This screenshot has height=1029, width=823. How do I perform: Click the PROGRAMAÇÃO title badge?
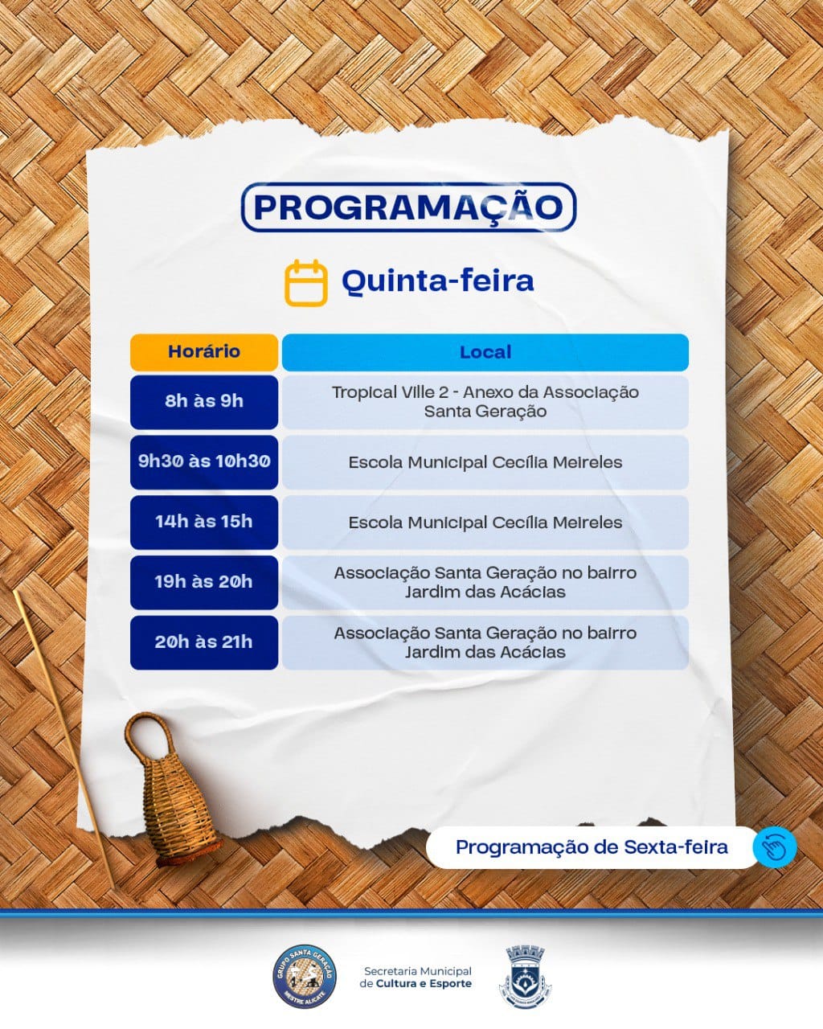click(x=408, y=207)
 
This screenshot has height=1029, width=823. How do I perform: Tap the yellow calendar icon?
click(x=306, y=283)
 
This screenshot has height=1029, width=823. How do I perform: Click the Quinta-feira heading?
click(x=437, y=281)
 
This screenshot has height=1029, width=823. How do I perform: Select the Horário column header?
click(x=204, y=352)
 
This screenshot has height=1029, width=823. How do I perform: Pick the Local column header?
click(x=485, y=352)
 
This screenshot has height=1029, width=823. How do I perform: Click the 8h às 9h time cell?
click(x=204, y=402)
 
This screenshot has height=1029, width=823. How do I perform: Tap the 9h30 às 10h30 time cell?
click(x=204, y=462)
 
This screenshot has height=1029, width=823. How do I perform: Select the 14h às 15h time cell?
click(x=204, y=523)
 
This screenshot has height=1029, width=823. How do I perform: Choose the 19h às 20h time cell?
click(x=204, y=582)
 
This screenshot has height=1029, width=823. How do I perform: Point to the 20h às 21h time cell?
click(x=204, y=642)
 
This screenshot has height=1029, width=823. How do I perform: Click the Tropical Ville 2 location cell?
click(x=485, y=402)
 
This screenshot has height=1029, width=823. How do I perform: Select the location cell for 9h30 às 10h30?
click(x=485, y=462)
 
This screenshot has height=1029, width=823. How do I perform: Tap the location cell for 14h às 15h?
click(x=485, y=523)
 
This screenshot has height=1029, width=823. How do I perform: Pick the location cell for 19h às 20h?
click(x=485, y=582)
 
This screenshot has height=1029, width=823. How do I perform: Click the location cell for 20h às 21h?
click(x=485, y=642)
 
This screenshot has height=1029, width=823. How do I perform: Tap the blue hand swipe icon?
click(x=775, y=847)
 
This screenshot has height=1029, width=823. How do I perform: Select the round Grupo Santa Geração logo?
click(x=305, y=977)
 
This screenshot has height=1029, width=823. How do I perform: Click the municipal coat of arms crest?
click(x=525, y=976)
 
